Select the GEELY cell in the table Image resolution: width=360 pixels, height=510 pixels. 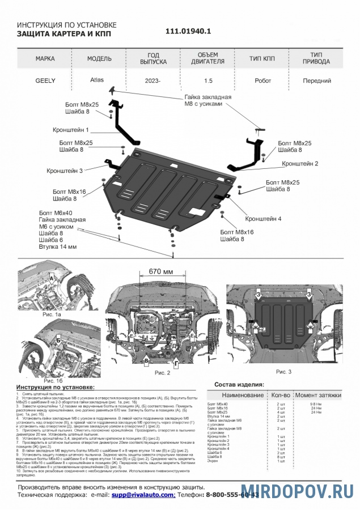pos(45,80)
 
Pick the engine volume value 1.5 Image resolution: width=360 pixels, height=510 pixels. pos(209,80)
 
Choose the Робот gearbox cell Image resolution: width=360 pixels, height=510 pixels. pos(262,80)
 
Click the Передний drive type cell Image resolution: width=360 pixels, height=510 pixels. pos(317,80)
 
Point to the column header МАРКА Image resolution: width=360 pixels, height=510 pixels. pos(45,58)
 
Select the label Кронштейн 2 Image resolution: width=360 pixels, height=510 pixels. pos(300,163)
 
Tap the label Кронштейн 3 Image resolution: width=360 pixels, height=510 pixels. pos(65,170)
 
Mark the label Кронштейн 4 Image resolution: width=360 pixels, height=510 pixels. pos(263,218)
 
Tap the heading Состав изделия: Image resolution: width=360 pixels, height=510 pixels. pos(240,385)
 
